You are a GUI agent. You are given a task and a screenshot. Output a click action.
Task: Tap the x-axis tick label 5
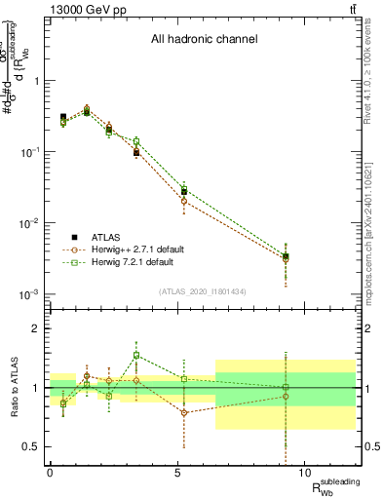pos(178,473)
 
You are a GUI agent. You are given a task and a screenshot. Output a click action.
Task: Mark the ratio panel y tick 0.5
pos(29,446)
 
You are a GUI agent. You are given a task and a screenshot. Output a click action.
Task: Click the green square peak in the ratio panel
pos(136,356)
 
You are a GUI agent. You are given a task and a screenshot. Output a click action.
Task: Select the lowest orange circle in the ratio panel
pos(183,412)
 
